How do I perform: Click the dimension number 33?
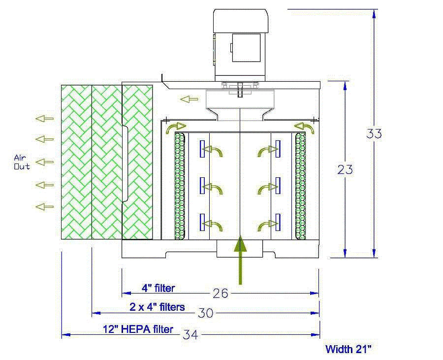pos(374,133)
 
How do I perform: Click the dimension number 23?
pos(345,169)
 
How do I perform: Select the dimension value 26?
pos(221,294)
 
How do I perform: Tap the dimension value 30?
pos(205,313)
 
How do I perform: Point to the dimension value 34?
pos(190,335)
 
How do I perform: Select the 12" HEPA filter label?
pos(138,329)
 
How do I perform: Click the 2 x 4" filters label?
pos(158,307)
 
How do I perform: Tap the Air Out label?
pos(22,162)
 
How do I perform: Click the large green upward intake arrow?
pos(240,260)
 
